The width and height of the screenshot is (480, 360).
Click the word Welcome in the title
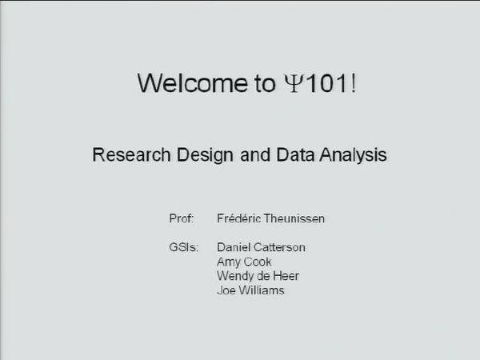[x=193, y=82]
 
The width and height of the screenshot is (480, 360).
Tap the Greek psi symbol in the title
[x=294, y=83]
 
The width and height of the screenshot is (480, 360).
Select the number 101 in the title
[x=326, y=83]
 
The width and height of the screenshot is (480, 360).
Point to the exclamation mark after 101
[x=354, y=83]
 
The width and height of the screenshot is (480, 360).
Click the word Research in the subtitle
[x=131, y=154]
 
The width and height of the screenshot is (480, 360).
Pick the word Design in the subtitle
[x=205, y=155]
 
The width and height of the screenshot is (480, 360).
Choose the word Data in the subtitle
[x=295, y=154]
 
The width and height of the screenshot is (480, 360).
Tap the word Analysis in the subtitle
[x=354, y=155]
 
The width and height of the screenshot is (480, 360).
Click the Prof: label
[x=182, y=218]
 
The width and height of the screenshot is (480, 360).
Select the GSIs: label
[x=184, y=247]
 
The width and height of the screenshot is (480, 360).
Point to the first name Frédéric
[x=239, y=218]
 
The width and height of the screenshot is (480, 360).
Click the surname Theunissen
[x=294, y=218]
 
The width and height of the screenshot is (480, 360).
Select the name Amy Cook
[x=244, y=262]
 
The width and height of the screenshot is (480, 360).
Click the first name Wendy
[x=235, y=277]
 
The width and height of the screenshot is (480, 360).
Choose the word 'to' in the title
[x=265, y=84]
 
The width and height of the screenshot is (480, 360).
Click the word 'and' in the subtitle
[x=255, y=154]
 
